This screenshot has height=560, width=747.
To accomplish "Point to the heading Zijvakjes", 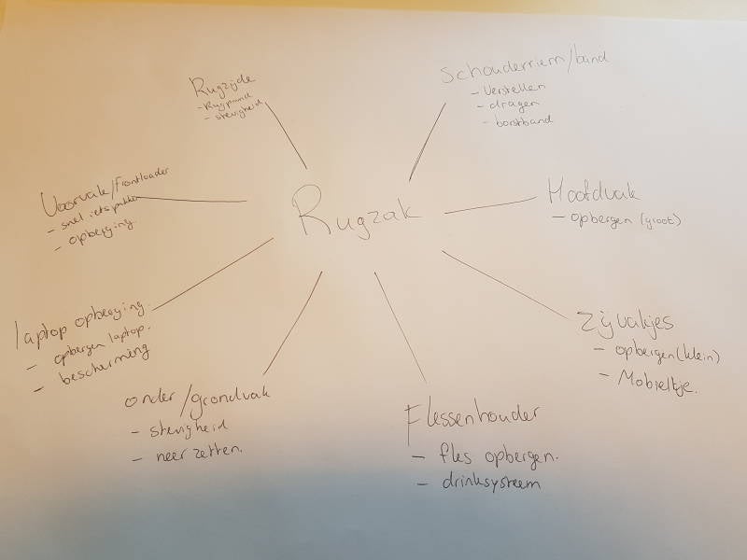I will [627, 323].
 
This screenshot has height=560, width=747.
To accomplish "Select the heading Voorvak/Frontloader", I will [108, 190].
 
